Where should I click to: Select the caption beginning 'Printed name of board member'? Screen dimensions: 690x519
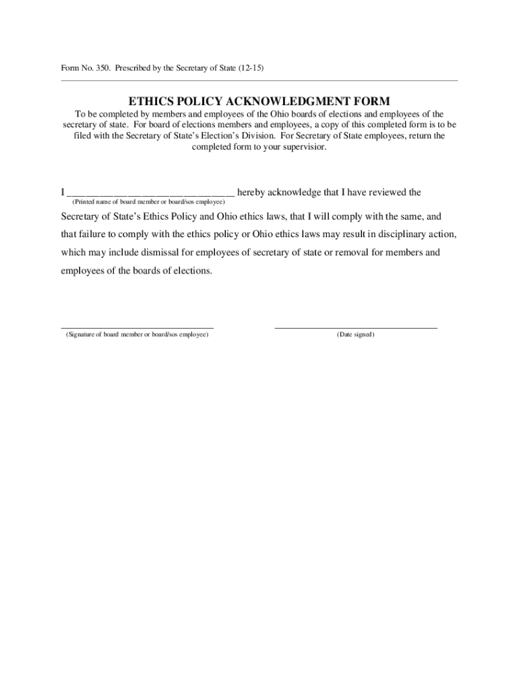149,202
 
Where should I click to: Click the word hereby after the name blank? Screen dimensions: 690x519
252,193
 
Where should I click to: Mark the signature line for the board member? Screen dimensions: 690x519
138,327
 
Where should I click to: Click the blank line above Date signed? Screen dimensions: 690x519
356,327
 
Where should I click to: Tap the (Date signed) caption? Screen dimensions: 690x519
356,335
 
